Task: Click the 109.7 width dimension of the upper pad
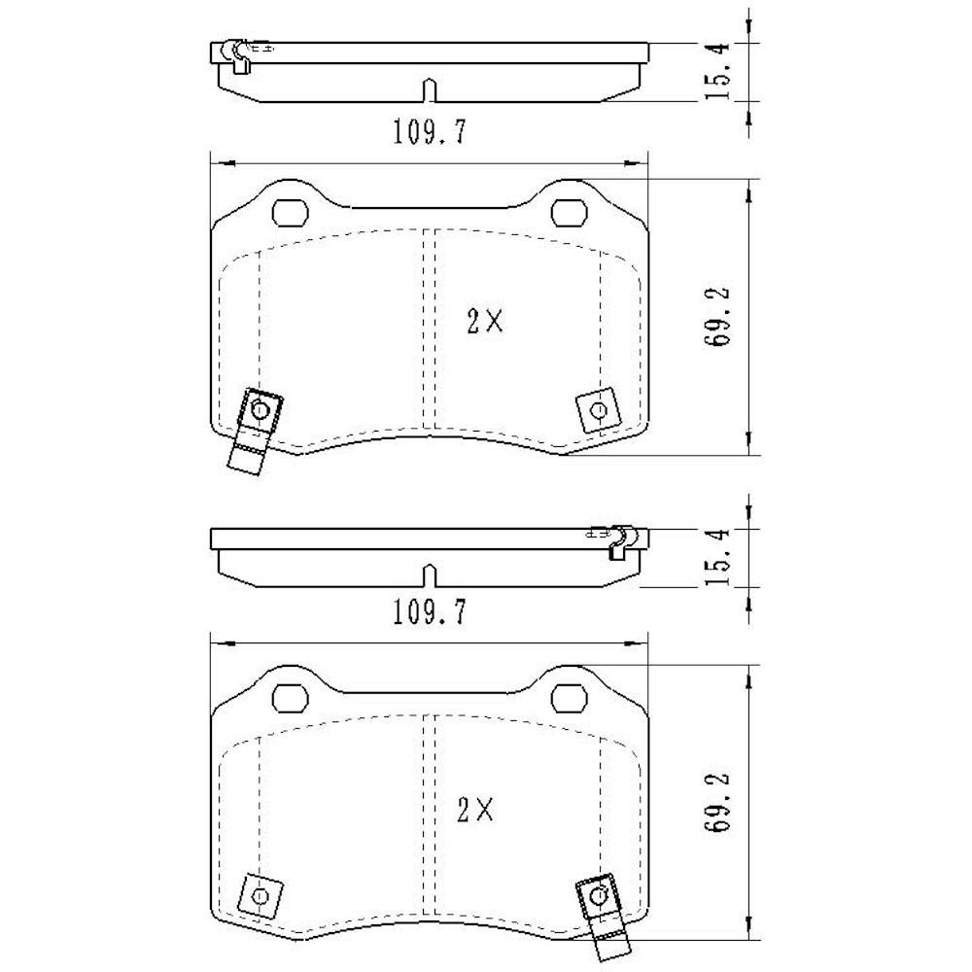point(429,131)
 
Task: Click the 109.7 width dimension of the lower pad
point(429,612)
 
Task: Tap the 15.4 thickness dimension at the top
point(718,73)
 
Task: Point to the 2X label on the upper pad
point(483,322)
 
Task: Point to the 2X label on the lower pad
point(476,809)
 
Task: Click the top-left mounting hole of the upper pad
point(290,211)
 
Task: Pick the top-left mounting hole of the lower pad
point(290,696)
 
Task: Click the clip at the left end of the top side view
point(235,55)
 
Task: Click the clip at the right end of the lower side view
point(618,540)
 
